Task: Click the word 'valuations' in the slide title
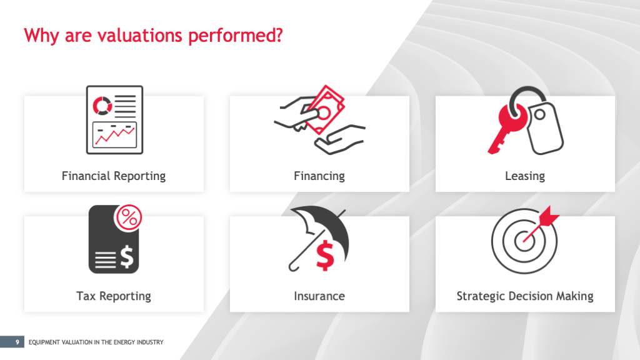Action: (139, 35)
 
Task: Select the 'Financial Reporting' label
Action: (114, 176)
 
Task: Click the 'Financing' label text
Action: (319, 176)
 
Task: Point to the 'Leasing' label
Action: (525, 176)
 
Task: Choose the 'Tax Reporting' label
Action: (114, 296)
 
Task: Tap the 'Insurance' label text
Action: (319, 296)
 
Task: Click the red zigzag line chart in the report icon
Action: (115, 136)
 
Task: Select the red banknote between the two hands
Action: (325, 110)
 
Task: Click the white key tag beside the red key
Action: (544, 128)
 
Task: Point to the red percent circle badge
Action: (129, 217)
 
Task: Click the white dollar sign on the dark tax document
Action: (127, 257)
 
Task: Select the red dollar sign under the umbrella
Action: (325, 256)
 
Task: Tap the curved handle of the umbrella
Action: (293, 267)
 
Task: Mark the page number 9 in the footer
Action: (17, 342)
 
